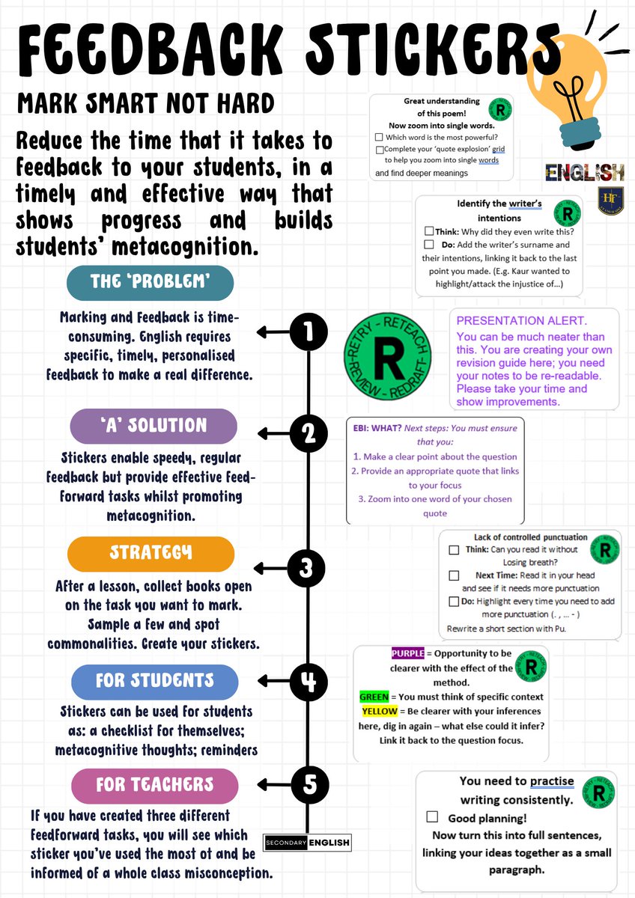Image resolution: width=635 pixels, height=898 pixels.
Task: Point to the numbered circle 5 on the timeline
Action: coord(309,784)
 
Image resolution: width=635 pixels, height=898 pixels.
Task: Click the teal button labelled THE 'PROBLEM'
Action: coord(150,283)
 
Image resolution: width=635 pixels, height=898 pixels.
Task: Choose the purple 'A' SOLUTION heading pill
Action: coord(154,426)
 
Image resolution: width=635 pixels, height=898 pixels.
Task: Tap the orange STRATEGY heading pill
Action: coord(151,554)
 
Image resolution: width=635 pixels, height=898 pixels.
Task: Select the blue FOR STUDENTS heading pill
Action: coord(154,681)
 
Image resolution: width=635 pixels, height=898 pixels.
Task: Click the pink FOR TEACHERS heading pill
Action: coord(154,784)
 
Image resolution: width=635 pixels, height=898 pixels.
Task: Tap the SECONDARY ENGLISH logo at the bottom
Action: coord(307,842)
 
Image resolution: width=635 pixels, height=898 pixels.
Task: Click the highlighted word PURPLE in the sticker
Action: coord(408,653)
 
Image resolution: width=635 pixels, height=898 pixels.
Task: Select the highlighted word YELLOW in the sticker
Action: coord(379,711)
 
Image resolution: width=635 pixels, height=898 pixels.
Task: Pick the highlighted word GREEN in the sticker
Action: coord(374,697)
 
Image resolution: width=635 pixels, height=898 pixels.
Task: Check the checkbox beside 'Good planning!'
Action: coord(432,817)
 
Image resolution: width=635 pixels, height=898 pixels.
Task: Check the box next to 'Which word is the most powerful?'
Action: coord(380,137)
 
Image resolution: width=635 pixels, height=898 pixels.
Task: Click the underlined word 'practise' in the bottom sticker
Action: coord(552,781)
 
